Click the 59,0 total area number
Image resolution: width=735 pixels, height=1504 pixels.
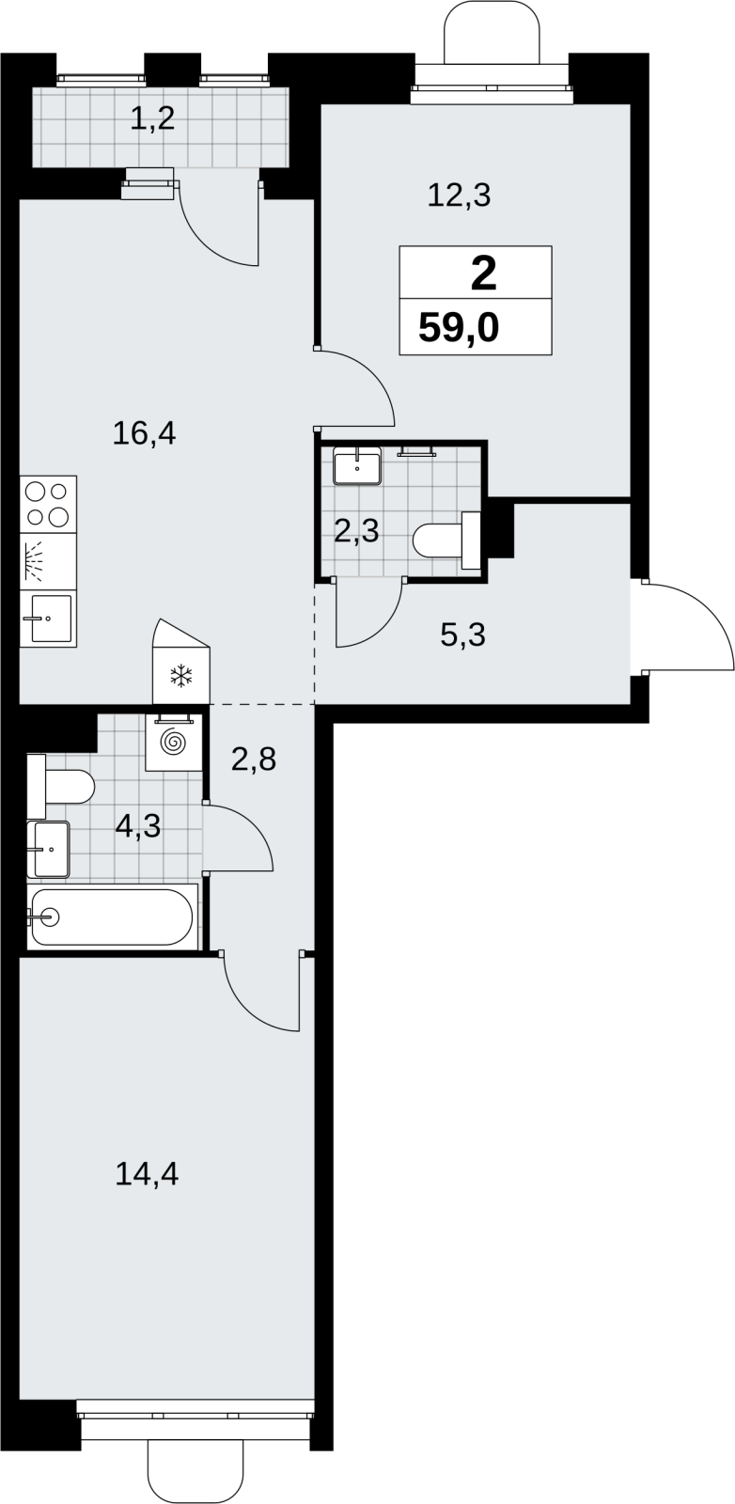459,329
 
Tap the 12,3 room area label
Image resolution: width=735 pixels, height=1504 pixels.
460,196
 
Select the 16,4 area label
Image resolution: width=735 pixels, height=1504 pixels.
145,433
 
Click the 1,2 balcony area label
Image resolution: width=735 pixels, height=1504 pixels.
152,118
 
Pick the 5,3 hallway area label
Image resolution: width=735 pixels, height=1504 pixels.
463,634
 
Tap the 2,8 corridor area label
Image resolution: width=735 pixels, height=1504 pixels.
254,760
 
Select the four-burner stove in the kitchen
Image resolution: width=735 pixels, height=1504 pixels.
48,504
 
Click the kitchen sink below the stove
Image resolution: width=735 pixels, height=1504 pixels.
48,619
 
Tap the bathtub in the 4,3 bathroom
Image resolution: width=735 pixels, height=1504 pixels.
113,917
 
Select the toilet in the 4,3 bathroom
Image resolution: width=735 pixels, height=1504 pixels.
60,786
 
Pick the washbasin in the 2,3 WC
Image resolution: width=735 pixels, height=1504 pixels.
357,465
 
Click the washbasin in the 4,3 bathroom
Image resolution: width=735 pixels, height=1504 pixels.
48,850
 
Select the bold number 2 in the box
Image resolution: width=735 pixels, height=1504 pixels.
483,274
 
